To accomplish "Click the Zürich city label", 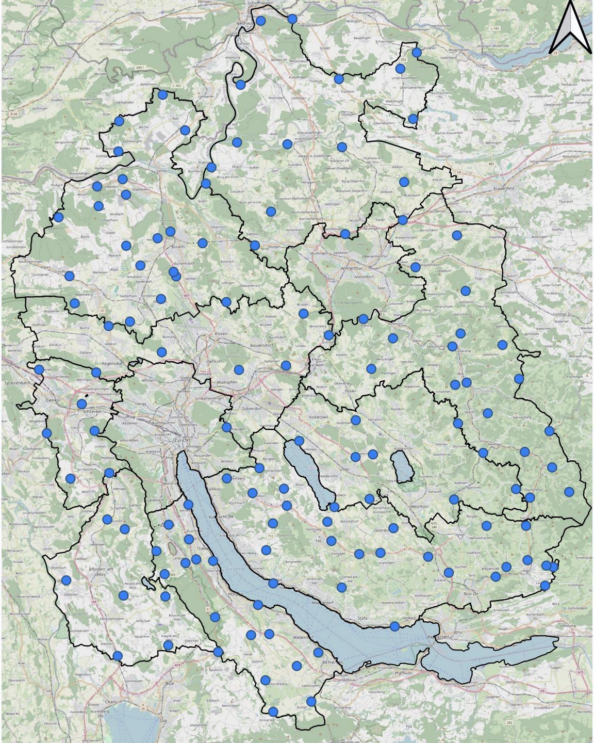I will (x=182, y=440).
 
